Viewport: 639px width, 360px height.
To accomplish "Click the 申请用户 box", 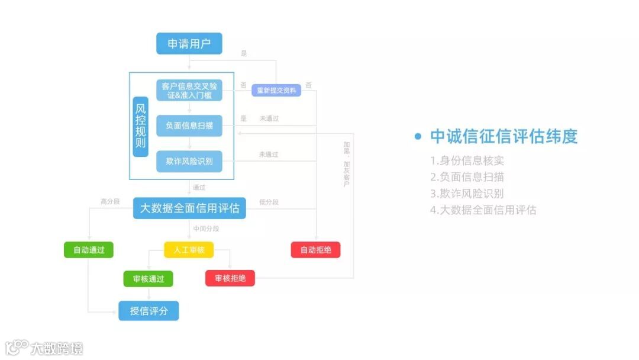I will tap(189, 44).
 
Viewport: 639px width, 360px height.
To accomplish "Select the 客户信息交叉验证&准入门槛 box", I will tap(189, 90).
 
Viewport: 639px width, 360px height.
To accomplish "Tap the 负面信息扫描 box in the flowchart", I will tap(189, 126).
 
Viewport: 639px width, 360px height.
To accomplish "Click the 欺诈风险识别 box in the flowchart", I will tap(189, 161).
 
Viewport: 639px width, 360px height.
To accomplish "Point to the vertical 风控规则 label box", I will tap(141, 126).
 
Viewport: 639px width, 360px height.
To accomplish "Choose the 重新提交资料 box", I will tap(276, 90).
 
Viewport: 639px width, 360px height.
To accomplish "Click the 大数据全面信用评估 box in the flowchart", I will tap(189, 208).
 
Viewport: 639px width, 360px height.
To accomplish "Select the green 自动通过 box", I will tap(89, 250).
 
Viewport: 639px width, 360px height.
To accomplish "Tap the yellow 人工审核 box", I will tap(189, 250).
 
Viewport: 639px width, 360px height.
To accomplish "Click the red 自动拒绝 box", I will tap(315, 250).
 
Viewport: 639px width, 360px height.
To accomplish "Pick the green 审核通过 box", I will tap(148, 279).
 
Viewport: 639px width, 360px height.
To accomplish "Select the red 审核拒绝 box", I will tap(230, 278).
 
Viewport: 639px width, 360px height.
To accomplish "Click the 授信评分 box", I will tap(148, 310).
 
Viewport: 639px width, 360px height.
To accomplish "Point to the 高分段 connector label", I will tap(110, 202).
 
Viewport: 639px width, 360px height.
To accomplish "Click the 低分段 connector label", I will tap(269, 202).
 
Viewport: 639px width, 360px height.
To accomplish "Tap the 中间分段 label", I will tap(206, 229).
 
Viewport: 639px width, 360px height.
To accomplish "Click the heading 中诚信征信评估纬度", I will tap(504, 137).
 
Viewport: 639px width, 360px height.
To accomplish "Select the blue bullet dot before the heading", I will tap(418, 137).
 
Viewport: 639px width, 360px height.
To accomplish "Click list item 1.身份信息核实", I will tap(467, 160).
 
